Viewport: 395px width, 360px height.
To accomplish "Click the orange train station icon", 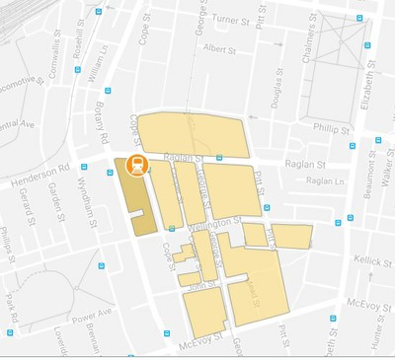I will pyautogui.click(x=138, y=165).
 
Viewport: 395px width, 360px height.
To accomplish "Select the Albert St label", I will pyautogui.click(x=218, y=47).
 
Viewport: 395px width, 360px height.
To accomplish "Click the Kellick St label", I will pyautogui.click(x=373, y=259).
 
